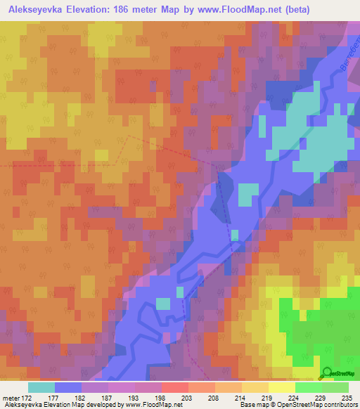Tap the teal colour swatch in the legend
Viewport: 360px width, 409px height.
[41, 387]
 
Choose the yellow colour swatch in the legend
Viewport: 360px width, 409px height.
[281, 387]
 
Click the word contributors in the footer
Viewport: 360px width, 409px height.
[338, 405]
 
